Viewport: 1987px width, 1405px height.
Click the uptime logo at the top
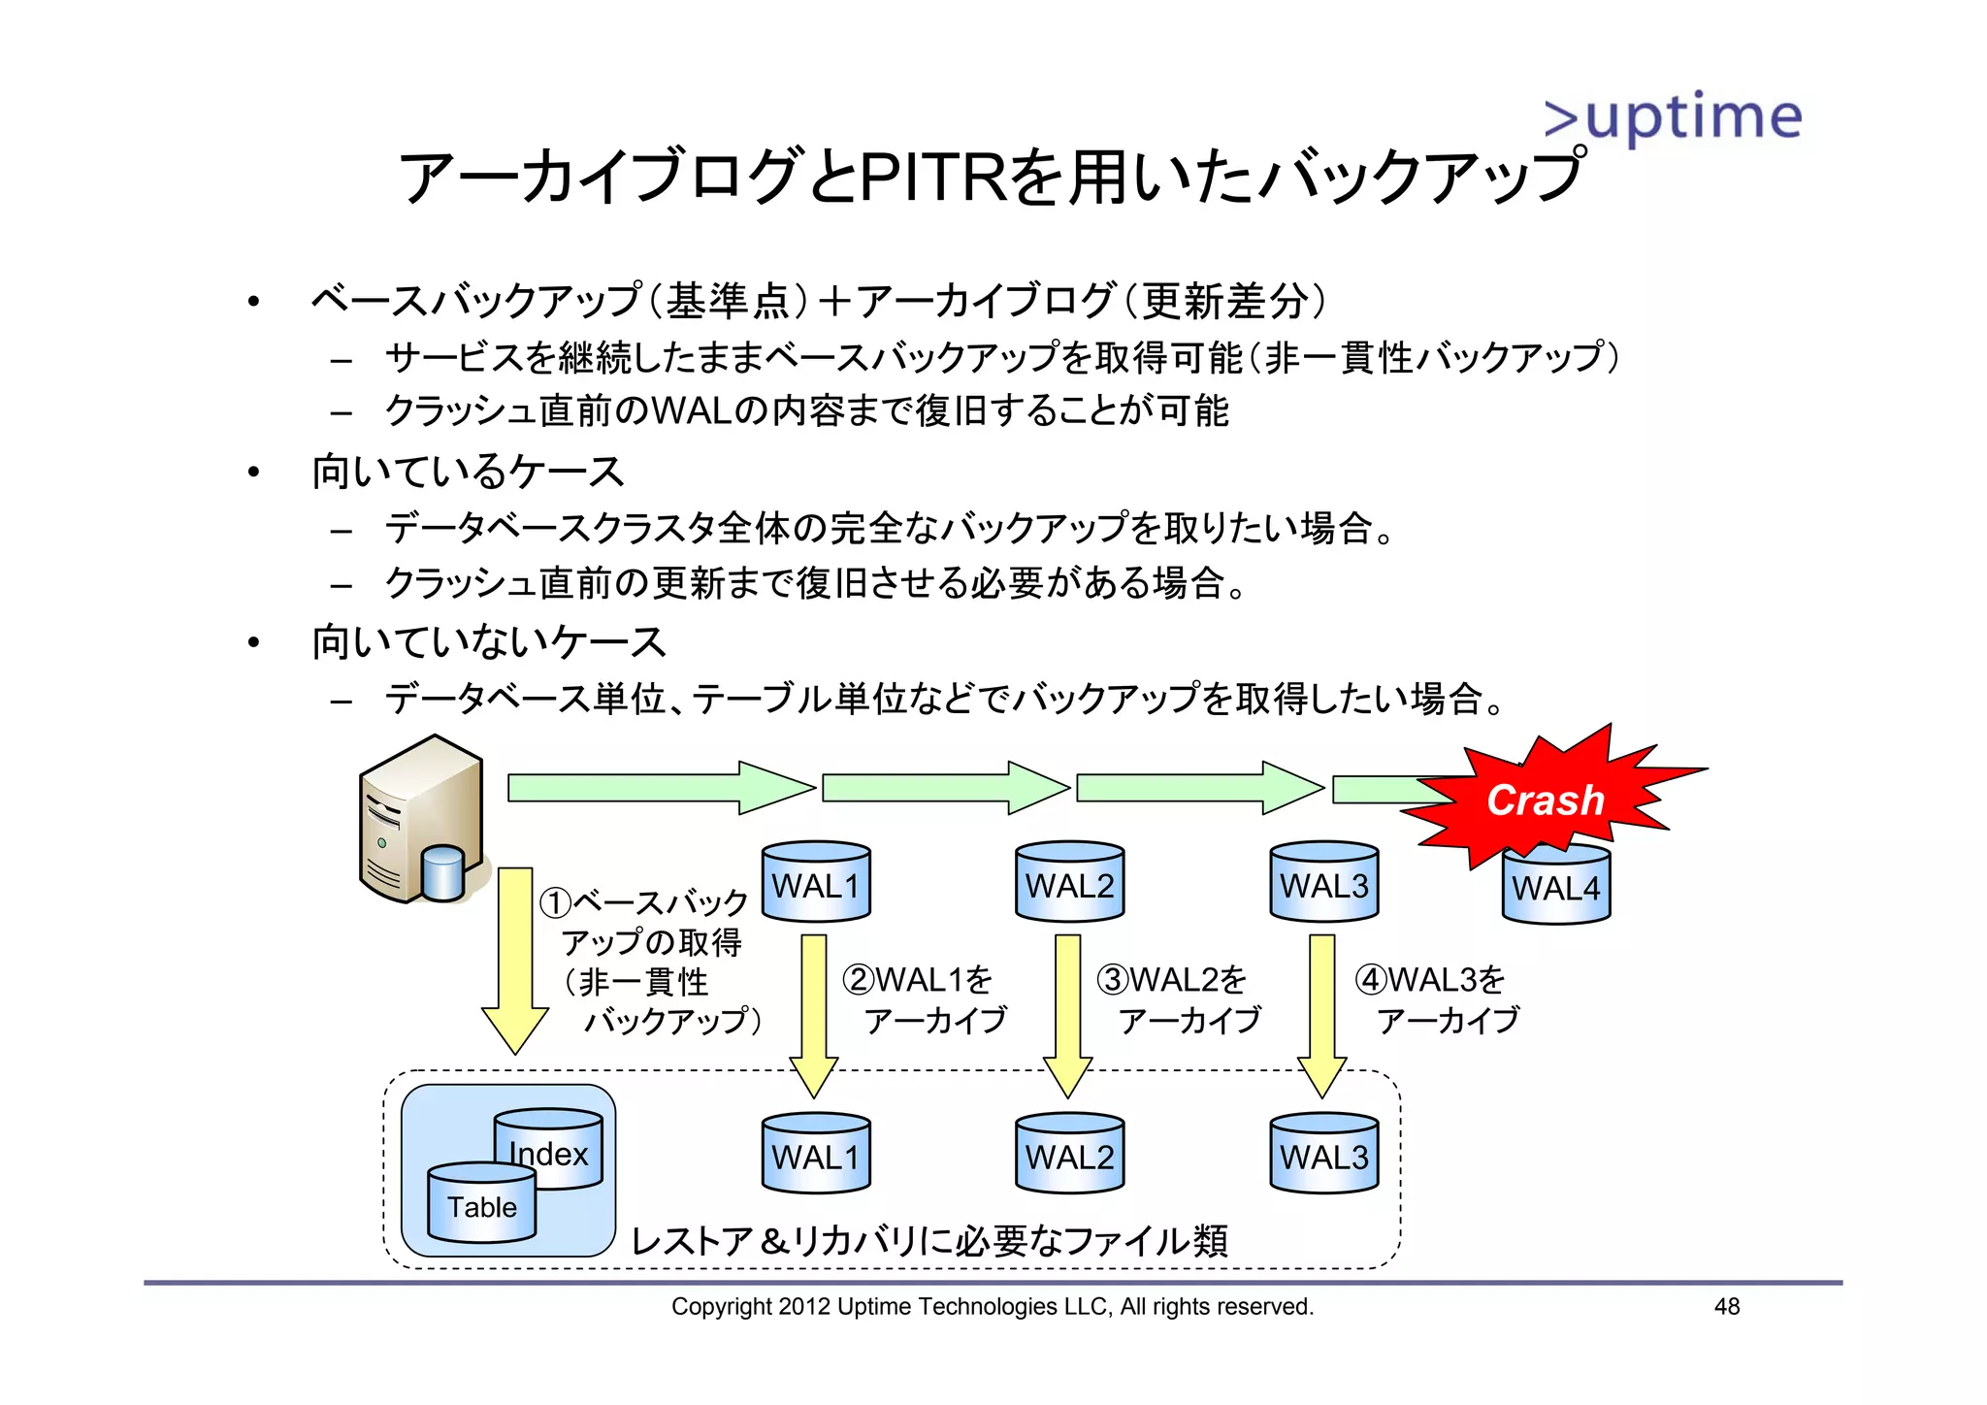1673,116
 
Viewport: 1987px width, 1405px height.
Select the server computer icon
423,820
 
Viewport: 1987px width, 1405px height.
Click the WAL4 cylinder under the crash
1555,887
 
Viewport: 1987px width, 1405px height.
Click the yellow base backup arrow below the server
515,956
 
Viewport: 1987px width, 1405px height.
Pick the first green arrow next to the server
660,787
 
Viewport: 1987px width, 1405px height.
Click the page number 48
1727,1307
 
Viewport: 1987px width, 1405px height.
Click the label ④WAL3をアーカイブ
1437,999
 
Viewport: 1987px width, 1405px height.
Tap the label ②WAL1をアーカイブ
925,999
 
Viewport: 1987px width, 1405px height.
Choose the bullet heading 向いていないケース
488,642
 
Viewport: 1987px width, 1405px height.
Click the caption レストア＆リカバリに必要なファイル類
928,1240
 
